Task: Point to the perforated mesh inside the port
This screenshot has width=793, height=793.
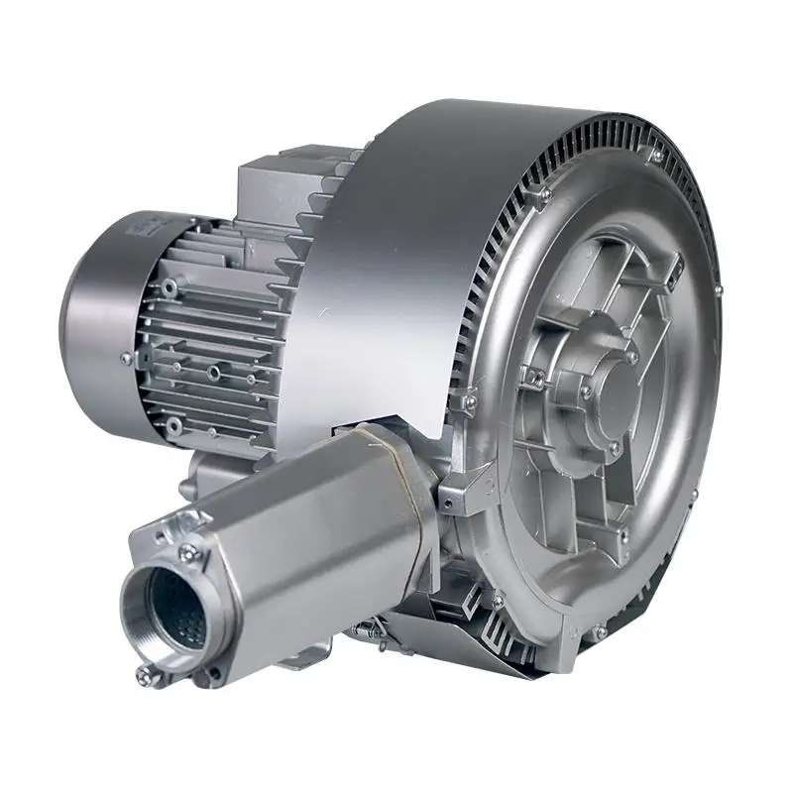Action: [x=178, y=610]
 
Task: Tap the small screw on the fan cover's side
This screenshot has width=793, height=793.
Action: [x=126, y=358]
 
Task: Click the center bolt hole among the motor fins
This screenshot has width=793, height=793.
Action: [x=212, y=374]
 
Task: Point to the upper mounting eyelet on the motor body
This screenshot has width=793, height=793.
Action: [x=170, y=287]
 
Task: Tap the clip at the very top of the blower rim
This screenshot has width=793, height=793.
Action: [x=655, y=155]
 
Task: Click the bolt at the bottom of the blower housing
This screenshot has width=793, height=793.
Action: [x=599, y=629]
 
